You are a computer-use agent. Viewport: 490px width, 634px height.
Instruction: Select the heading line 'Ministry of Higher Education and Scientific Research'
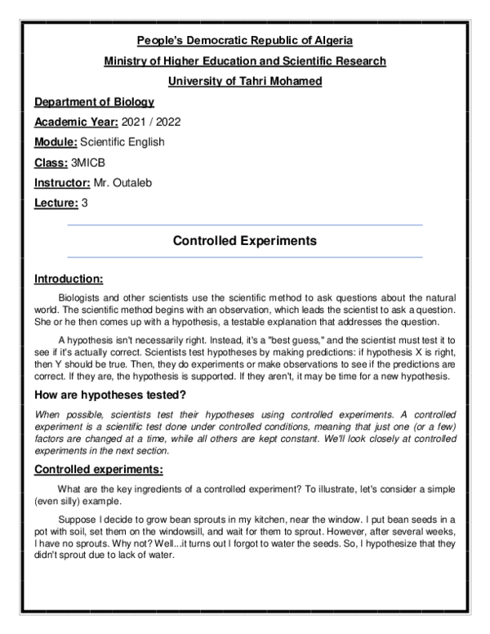click(245, 60)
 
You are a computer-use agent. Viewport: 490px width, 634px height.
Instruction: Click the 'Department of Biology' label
click(94, 102)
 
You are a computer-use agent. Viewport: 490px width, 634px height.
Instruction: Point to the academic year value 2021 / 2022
click(151, 122)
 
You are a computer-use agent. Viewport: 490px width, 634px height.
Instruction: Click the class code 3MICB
click(88, 163)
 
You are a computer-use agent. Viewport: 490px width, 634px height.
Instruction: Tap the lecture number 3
click(85, 203)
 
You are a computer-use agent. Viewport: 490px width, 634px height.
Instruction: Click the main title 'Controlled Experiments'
click(245, 241)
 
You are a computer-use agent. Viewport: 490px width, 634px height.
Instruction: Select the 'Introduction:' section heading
click(69, 279)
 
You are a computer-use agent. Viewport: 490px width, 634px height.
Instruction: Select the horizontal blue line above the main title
click(245, 225)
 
